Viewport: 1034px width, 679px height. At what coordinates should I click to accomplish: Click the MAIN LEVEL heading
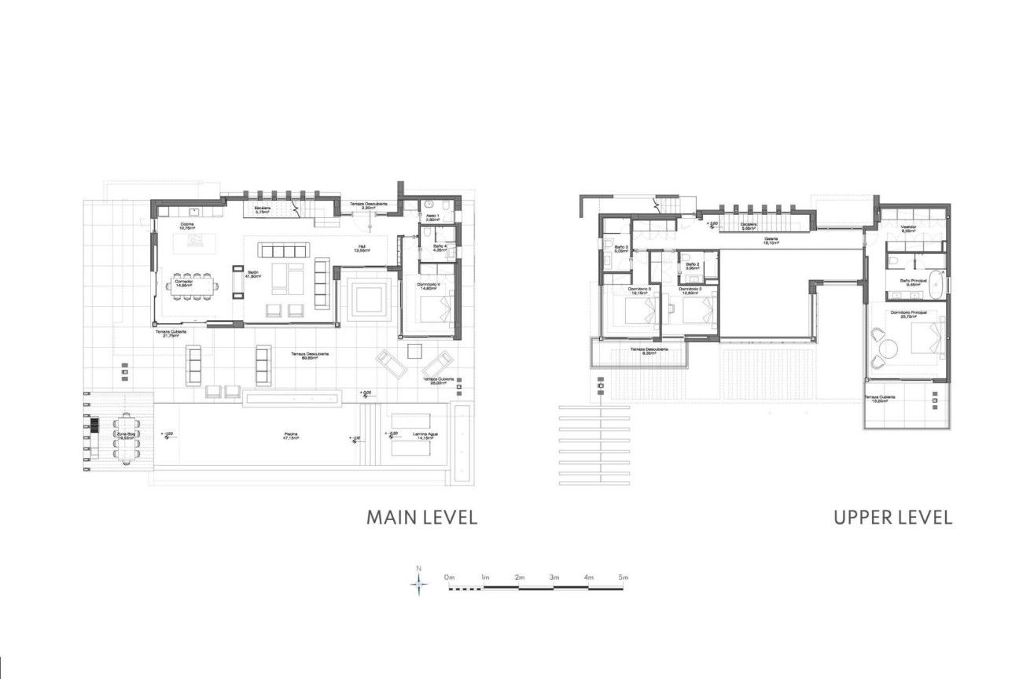(x=421, y=517)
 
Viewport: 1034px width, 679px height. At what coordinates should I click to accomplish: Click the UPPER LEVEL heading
(x=892, y=517)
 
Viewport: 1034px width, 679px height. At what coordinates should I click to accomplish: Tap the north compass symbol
(x=420, y=582)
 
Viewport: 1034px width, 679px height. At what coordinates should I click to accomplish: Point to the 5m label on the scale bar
(x=624, y=578)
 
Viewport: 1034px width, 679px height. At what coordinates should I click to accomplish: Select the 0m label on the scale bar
(x=450, y=578)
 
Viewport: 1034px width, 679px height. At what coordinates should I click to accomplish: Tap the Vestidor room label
(x=911, y=228)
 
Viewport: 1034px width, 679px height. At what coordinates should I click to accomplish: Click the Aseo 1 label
(x=432, y=216)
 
